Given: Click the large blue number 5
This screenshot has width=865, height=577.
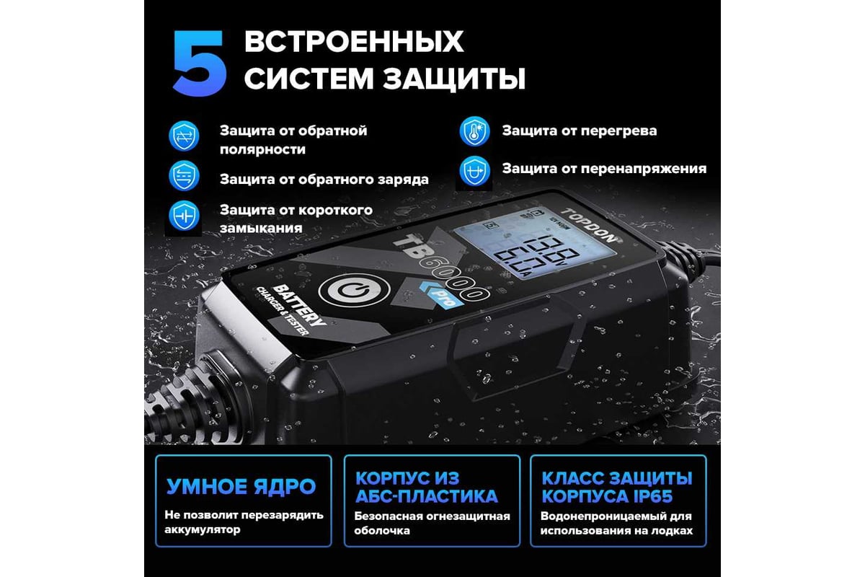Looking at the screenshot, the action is [x=199, y=63].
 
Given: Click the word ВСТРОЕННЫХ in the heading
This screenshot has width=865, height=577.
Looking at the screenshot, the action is [x=354, y=41].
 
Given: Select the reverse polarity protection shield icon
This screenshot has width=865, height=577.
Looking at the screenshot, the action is [x=184, y=136].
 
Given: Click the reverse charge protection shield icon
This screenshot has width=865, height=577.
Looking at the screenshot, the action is [x=184, y=176].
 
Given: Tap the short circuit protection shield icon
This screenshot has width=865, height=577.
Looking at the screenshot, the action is [x=184, y=216].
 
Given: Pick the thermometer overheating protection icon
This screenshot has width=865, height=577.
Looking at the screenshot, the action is [x=474, y=131].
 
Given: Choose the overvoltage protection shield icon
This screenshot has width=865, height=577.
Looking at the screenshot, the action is [x=474, y=171].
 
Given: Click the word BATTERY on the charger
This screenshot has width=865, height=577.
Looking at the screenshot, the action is [x=300, y=305].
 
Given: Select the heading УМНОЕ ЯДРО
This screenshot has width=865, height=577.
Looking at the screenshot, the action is [x=241, y=487].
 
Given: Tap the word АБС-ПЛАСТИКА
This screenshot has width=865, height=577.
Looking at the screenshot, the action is [x=426, y=496].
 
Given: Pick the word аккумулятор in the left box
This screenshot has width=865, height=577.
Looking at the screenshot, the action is [x=203, y=529].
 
